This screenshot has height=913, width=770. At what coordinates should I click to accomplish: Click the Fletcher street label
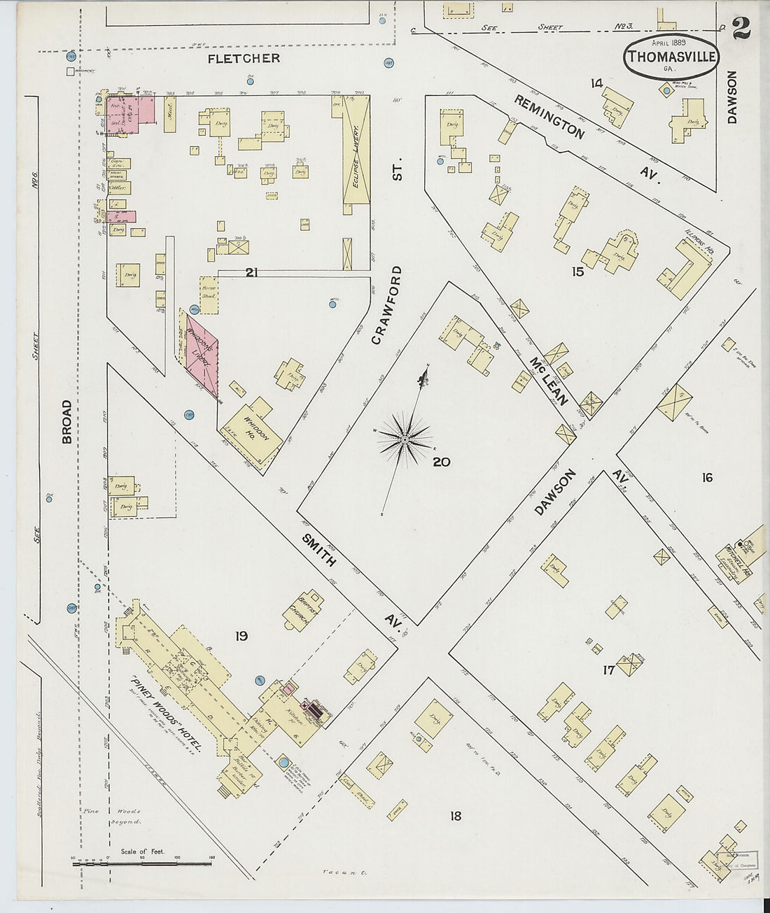point(244,58)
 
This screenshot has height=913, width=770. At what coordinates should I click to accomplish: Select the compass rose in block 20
point(405,439)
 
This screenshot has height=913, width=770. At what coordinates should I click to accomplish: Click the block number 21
point(251,272)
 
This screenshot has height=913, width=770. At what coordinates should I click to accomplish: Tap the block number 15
point(577,271)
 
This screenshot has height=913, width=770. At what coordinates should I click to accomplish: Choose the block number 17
point(608,669)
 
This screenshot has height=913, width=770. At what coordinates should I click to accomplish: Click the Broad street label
point(66,421)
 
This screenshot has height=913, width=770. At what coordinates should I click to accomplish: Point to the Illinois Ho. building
point(690,267)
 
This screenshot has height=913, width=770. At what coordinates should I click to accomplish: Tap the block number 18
point(455,815)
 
